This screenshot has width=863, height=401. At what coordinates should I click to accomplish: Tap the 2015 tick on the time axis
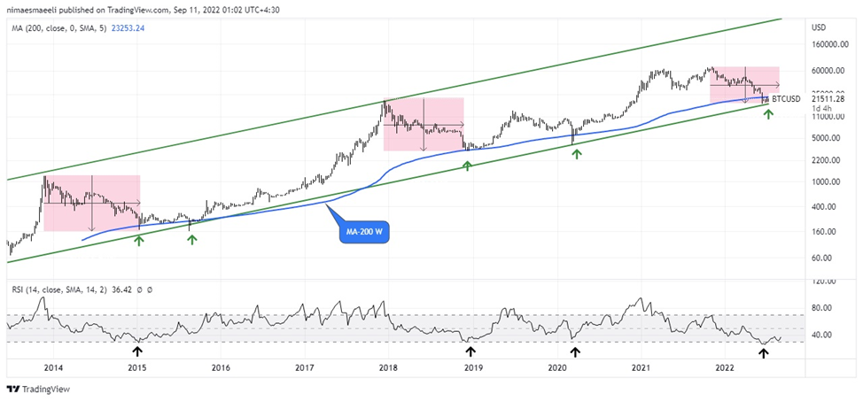(136, 366)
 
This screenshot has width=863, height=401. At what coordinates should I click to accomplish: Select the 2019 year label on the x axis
(473, 366)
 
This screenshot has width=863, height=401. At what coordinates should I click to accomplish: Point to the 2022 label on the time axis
(725, 366)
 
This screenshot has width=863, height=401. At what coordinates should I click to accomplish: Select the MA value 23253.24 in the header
(128, 28)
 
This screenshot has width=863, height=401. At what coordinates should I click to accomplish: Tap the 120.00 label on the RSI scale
(825, 281)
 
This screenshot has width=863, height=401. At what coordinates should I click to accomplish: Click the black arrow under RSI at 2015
(137, 351)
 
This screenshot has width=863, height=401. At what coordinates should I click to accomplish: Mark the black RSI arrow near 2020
(575, 351)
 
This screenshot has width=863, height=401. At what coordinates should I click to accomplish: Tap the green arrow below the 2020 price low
(577, 154)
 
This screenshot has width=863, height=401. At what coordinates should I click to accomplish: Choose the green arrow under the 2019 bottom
(468, 166)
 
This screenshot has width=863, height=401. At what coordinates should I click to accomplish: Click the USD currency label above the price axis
(819, 27)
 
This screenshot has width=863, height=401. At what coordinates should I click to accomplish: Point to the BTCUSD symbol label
(786, 99)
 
